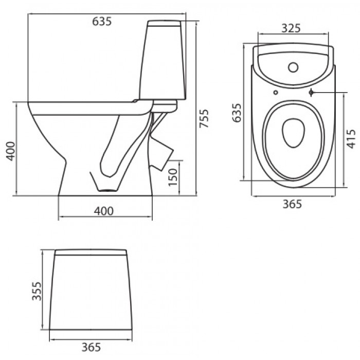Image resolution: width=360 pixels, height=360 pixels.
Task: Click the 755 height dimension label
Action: click(x=204, y=118)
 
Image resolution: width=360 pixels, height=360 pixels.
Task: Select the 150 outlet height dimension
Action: click(x=173, y=177)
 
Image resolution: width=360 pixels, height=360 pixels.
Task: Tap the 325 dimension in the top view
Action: click(x=291, y=28)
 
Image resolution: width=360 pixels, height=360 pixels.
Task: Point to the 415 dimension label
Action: click(x=351, y=139)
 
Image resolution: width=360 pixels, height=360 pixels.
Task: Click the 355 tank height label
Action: click(x=37, y=291)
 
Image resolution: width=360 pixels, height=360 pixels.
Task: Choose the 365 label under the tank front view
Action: click(x=91, y=347)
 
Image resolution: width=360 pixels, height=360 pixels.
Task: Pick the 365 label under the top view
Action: click(x=292, y=204)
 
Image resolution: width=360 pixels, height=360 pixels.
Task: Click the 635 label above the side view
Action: click(x=102, y=22)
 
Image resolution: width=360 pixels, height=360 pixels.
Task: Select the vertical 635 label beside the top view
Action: click(x=237, y=113)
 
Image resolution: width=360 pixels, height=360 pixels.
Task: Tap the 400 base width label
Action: click(x=103, y=211)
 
